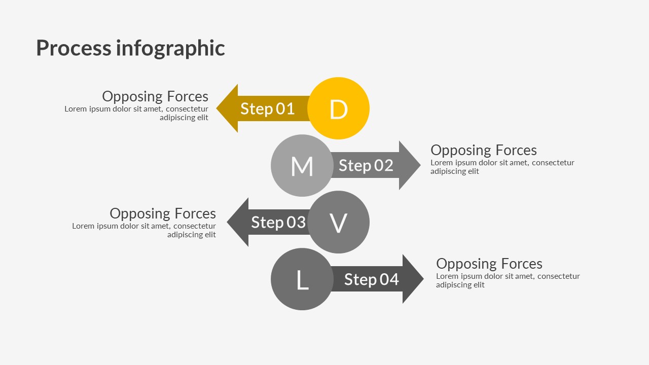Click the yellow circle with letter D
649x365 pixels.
pyautogui.click(x=338, y=108)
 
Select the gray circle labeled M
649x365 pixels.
pyautogui.click(x=302, y=166)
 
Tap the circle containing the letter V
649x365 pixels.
pyautogui.click(x=338, y=222)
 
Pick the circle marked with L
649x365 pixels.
pyautogui.click(x=302, y=279)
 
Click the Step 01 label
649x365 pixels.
pyautogui.click(x=267, y=109)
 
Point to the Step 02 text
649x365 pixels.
pyautogui.click(x=366, y=166)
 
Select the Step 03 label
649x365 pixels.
pyautogui.click(x=278, y=223)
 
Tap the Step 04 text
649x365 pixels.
pyautogui.click(x=371, y=279)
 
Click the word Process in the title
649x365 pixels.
pyautogui.click(x=74, y=48)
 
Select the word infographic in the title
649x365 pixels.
pyautogui.click(x=170, y=48)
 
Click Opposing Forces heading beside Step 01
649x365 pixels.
pyautogui.click(x=155, y=96)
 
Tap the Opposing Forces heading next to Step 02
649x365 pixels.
pyautogui.click(x=483, y=150)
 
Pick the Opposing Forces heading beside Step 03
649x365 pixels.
pyautogui.click(x=163, y=213)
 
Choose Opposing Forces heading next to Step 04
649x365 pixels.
pyautogui.click(x=489, y=264)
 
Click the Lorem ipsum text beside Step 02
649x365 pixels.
pyautogui.click(x=502, y=167)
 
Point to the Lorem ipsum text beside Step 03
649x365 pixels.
pyautogui.click(x=144, y=230)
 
